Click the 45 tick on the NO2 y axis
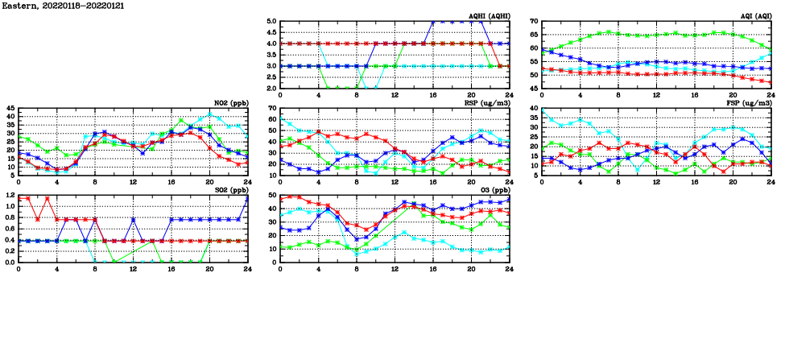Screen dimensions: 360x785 click(x=9, y=108)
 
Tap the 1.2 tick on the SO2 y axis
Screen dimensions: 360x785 click(x=9, y=195)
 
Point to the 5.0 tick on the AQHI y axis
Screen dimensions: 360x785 click(x=271, y=22)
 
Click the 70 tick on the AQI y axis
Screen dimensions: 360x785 click(x=532, y=22)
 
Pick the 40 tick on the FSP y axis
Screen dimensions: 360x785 click(x=532, y=108)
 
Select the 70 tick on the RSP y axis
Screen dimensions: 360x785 click(x=271, y=108)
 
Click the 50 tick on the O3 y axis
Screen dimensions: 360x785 click(x=271, y=195)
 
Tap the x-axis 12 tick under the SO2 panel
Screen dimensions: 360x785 click(x=133, y=270)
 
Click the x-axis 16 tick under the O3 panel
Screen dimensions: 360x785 click(x=432, y=270)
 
